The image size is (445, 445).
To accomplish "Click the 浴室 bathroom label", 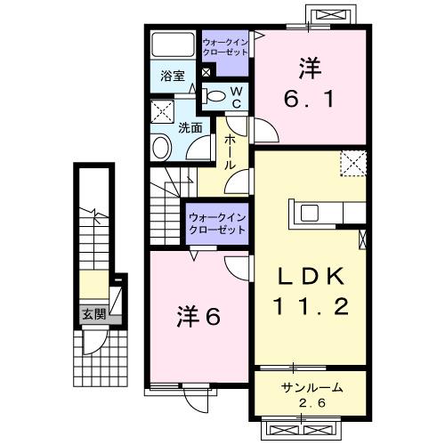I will [x=172, y=77].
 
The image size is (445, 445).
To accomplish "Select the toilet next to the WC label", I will [x=214, y=95].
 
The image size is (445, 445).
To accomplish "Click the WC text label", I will [x=236, y=98].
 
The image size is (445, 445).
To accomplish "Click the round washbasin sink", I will [x=163, y=147].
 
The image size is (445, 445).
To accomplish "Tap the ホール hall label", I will [x=230, y=152].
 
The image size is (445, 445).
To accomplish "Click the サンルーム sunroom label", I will [x=311, y=390].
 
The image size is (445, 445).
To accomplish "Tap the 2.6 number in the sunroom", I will [x=312, y=407].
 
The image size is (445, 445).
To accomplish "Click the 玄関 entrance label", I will [x=93, y=313].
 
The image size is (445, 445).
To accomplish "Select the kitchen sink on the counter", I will [x=311, y=214].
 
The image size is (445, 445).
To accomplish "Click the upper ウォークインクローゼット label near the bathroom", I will [x=226, y=46].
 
